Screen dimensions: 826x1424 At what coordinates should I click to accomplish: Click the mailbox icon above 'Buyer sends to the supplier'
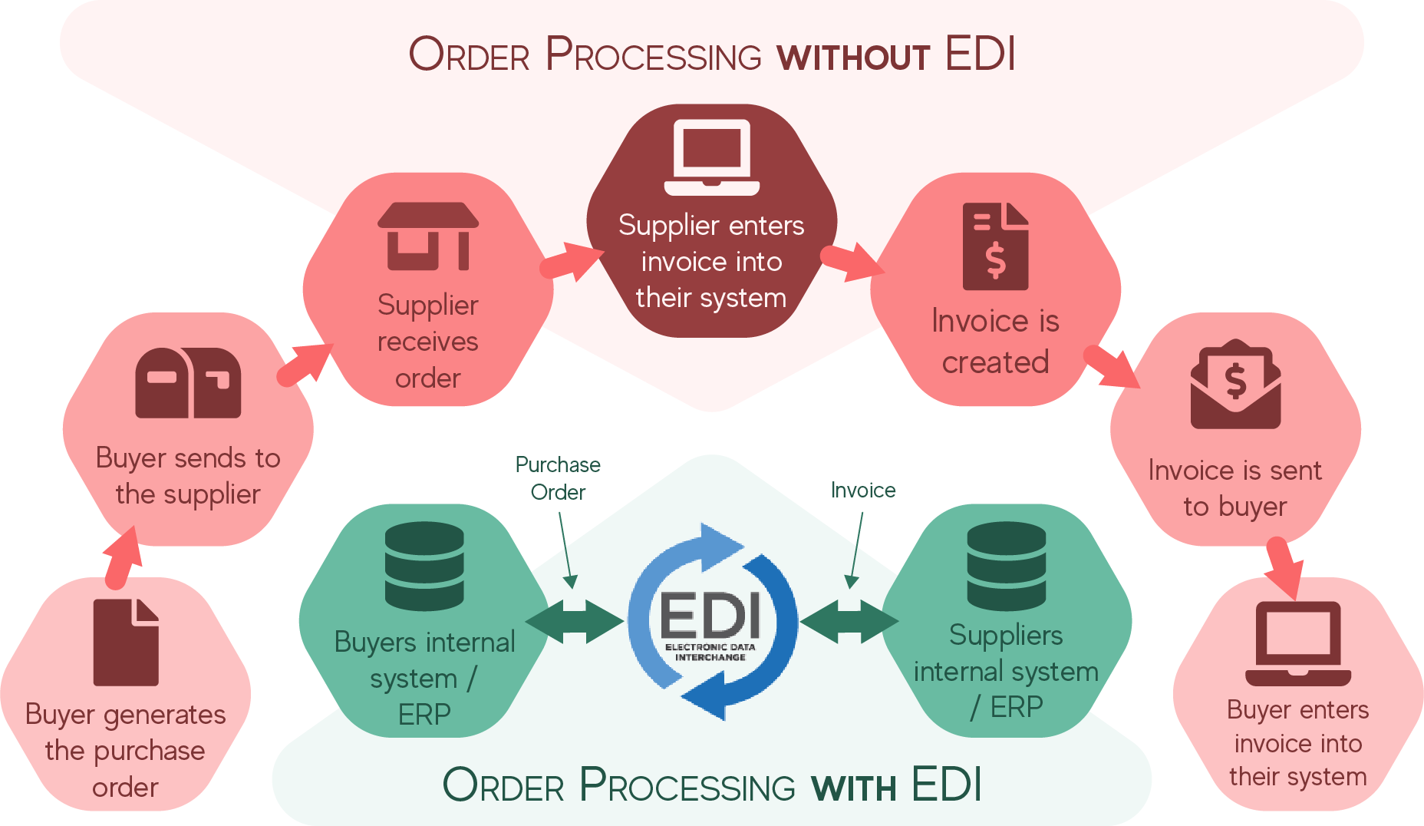point(188,382)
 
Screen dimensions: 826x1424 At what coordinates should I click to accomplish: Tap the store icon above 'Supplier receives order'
point(427,236)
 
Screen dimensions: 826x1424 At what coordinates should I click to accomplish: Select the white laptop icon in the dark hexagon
point(711,157)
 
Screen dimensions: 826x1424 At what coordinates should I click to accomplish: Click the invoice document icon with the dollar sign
point(995,246)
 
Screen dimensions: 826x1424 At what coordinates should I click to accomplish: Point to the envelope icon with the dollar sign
point(1235,384)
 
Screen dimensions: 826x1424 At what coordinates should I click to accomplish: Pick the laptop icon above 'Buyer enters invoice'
point(1297,643)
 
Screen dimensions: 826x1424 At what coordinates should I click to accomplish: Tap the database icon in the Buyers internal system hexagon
point(424,566)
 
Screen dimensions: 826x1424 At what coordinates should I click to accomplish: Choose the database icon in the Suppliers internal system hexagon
point(1006,566)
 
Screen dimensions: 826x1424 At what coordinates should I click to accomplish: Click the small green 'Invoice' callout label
point(863,490)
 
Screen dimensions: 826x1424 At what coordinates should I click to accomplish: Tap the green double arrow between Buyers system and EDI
point(574,621)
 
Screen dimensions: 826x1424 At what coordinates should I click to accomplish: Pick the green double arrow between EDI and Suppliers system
point(849,621)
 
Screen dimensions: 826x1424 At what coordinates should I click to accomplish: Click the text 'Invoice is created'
point(995,342)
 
